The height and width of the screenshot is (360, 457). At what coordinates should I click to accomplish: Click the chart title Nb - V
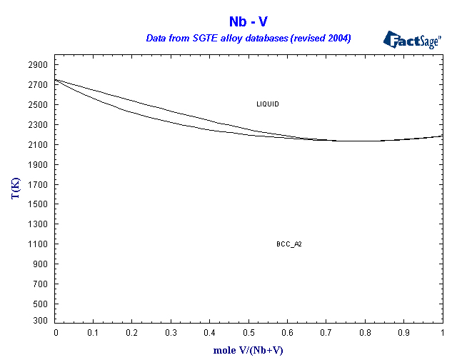click(x=248, y=22)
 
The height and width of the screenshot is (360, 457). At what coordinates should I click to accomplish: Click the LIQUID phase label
click(x=268, y=104)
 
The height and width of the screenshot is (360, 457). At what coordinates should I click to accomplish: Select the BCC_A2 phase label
click(x=289, y=244)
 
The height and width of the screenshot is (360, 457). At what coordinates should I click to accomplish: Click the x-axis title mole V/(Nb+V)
click(x=248, y=351)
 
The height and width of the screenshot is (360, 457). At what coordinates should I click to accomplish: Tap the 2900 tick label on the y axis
click(x=38, y=65)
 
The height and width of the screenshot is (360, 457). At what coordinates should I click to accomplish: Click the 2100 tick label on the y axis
click(x=38, y=145)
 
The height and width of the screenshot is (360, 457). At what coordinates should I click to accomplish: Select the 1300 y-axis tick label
click(x=38, y=224)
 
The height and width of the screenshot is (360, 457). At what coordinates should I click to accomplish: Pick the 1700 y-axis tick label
click(x=38, y=184)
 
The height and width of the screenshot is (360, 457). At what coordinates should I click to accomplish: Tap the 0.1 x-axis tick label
click(x=94, y=333)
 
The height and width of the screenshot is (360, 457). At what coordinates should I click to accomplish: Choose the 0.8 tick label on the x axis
click(x=365, y=333)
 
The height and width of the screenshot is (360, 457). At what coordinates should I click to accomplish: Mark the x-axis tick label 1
click(x=443, y=333)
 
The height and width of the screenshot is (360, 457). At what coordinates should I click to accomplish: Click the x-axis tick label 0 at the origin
click(x=56, y=333)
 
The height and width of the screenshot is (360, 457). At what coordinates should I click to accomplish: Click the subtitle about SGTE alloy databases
click(x=248, y=38)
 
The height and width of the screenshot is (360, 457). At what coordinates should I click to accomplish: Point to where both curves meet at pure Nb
click(x=56, y=80)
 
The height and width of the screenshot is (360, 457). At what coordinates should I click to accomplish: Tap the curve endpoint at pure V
click(x=443, y=136)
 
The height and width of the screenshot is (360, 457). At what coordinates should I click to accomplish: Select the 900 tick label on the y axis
click(x=40, y=264)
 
